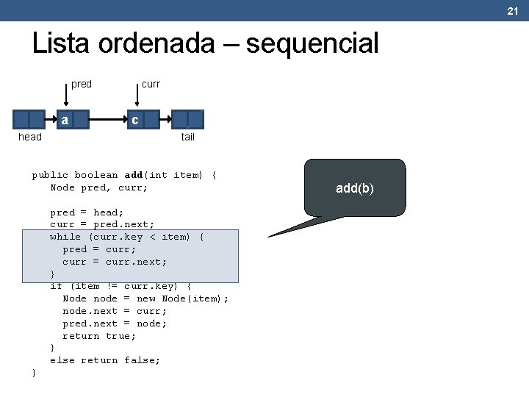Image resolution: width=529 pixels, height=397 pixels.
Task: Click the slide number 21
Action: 513,10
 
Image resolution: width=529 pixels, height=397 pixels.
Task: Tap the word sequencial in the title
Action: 312,44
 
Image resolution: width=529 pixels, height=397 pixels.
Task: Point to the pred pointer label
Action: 82,84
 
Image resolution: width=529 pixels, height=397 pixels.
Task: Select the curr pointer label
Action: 151,84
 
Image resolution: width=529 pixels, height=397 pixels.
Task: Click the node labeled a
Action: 65,120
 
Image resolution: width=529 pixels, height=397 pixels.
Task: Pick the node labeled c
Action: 135,120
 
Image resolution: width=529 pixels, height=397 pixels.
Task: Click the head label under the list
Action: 30,137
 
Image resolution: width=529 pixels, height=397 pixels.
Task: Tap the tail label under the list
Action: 188,137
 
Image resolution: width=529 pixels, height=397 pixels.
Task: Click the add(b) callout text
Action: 355,189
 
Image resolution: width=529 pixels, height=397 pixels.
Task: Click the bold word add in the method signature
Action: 134,175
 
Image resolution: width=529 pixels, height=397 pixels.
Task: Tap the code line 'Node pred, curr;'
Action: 98,187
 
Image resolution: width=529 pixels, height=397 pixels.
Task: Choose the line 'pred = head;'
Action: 87,212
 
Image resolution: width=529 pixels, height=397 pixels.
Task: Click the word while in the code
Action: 65,237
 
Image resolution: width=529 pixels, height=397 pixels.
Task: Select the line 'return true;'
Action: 99,336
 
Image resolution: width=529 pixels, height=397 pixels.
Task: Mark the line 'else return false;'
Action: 105,360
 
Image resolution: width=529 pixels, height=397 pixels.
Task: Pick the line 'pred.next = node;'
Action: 115,323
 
